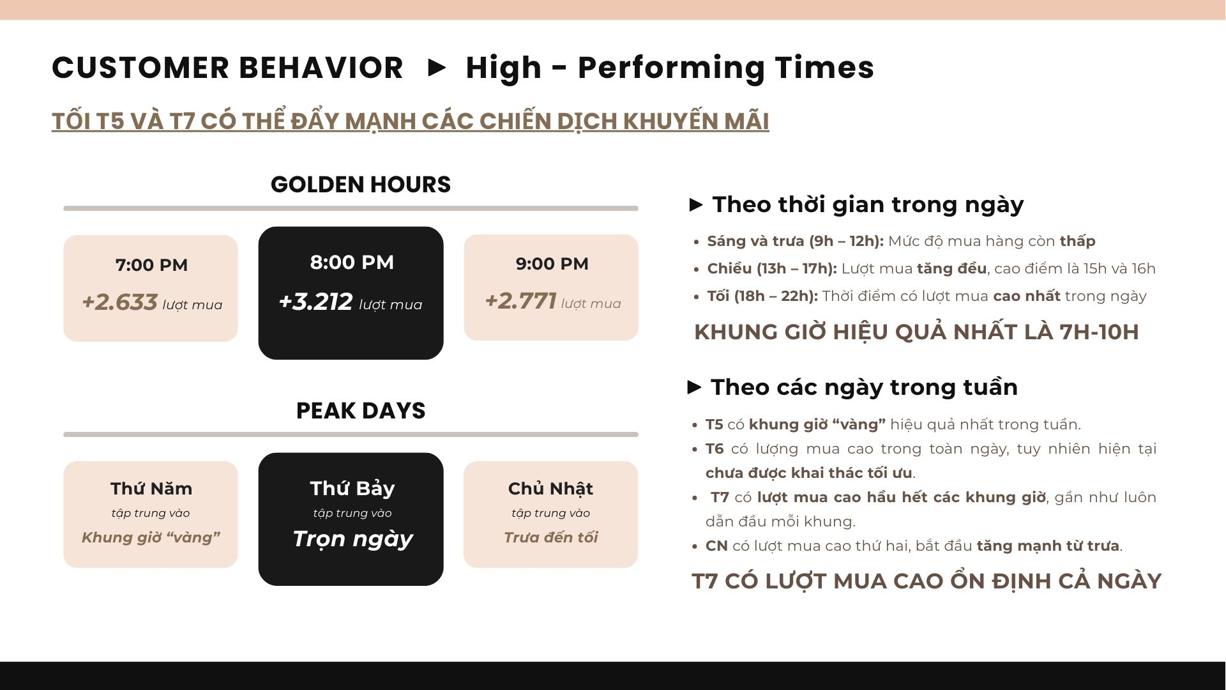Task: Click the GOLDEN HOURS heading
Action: coord(361,185)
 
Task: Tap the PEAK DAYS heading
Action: coord(361,411)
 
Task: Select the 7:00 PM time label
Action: coord(151,265)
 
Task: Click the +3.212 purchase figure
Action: coord(315,302)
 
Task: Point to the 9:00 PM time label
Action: coord(552,264)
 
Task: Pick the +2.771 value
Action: coord(521,301)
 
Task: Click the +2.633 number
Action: coord(119,302)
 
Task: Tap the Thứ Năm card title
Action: coord(151,489)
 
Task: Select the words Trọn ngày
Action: coord(353,539)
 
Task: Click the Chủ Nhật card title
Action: coord(550,489)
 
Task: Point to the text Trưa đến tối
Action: coord(551,537)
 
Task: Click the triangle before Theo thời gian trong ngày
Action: coord(696,205)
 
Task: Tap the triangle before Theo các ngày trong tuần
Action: coord(695,387)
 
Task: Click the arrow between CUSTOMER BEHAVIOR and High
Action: coord(437,68)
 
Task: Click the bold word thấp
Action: coord(1078,241)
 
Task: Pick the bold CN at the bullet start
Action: coord(716,546)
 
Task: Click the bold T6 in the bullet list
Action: coord(715,449)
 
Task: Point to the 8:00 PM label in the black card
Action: coord(352,263)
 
